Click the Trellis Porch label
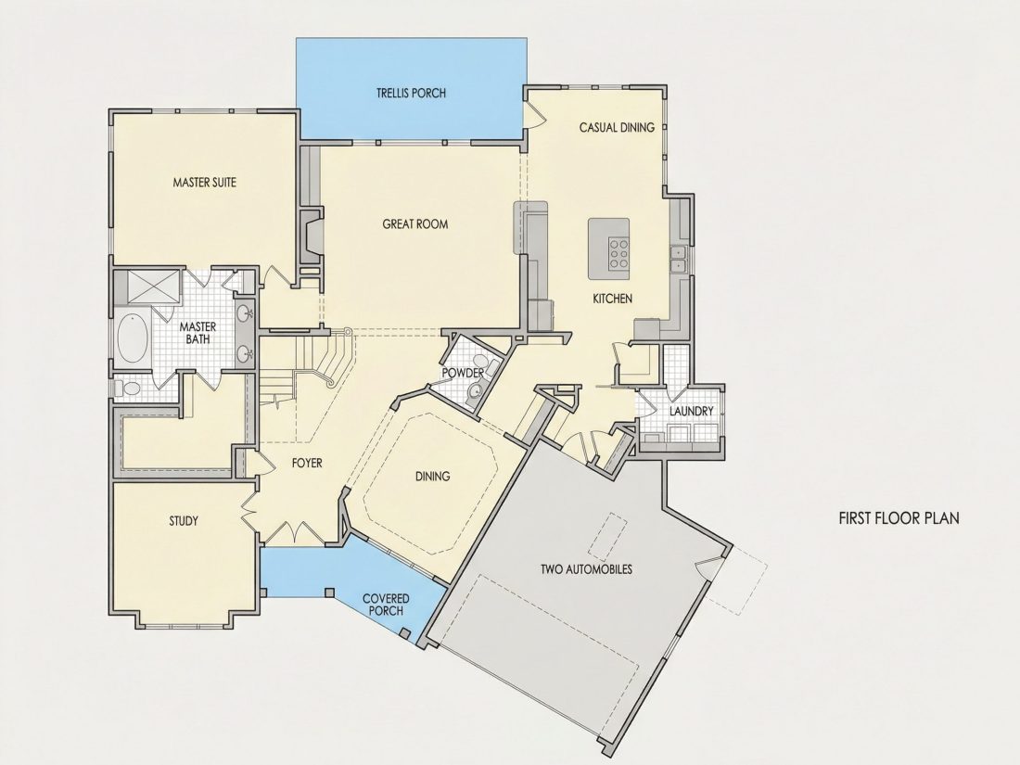(x=411, y=93)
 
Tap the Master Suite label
(x=204, y=183)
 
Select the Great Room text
(x=415, y=224)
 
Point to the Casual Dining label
(x=617, y=128)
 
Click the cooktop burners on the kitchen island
(x=618, y=254)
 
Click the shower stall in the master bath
(x=152, y=287)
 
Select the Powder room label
(x=463, y=373)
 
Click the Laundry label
(x=692, y=411)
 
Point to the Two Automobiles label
(x=586, y=570)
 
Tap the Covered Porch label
(x=386, y=605)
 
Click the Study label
(x=184, y=521)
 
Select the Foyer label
(x=307, y=463)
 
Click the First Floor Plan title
(x=899, y=518)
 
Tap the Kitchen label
(x=612, y=299)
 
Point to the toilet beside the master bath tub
(x=128, y=389)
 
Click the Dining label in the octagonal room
(x=433, y=477)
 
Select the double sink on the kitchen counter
(x=680, y=259)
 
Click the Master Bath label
(x=198, y=332)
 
